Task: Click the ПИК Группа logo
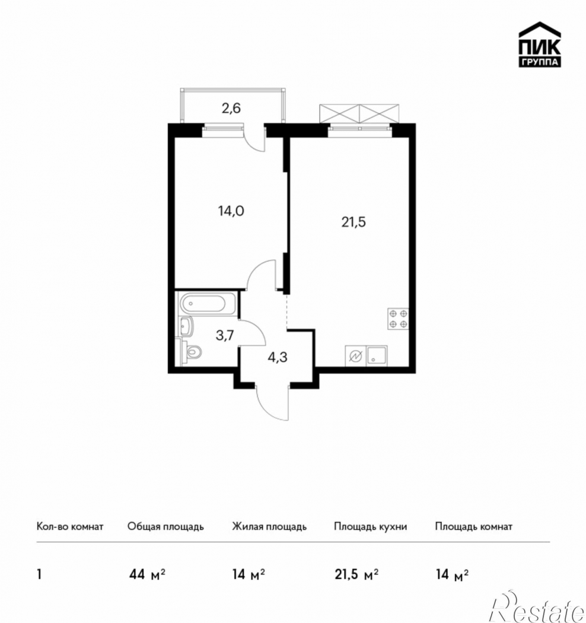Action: coord(540,44)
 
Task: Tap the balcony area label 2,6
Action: coord(231,108)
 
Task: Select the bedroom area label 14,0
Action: coord(231,211)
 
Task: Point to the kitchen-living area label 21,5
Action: coord(353,222)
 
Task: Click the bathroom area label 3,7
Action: coord(225,336)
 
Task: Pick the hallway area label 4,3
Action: coord(278,358)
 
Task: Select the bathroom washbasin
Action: coord(186,326)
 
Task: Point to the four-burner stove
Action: coord(398,319)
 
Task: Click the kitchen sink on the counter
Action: coord(377,355)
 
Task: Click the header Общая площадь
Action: coord(165,526)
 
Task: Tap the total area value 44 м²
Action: coord(147,574)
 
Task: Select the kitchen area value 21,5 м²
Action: coord(356,574)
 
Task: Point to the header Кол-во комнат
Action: coord(70,526)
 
